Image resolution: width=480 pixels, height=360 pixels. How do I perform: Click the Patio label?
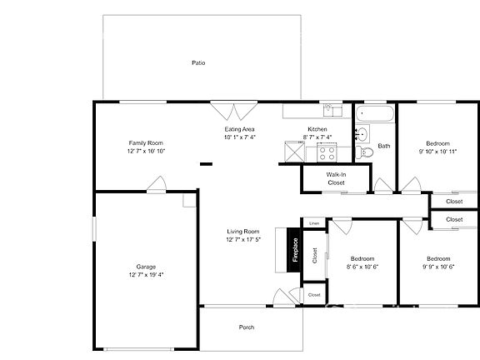coord(197,62)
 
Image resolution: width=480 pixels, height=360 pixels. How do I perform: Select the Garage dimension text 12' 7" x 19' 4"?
coord(146,274)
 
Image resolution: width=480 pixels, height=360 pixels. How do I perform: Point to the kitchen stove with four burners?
coord(325,152)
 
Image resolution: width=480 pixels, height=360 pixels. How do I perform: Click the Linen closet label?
coord(314,223)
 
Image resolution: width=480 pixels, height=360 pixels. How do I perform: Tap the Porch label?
coord(247,327)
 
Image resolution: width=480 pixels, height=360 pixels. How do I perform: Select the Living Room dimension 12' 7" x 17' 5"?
coord(243,239)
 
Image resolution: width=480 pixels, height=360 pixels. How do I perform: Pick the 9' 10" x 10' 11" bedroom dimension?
coord(437,152)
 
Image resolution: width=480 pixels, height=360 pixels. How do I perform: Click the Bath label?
coord(383,146)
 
